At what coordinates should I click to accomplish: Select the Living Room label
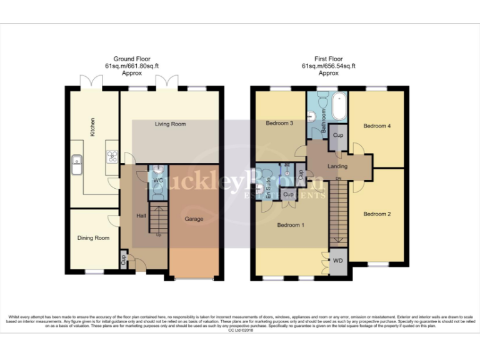click(x=170, y=124)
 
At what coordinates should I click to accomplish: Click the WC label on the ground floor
click(x=157, y=181)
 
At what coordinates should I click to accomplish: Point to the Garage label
click(x=194, y=219)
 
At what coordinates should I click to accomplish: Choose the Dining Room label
click(x=93, y=238)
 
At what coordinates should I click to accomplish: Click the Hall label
click(x=142, y=216)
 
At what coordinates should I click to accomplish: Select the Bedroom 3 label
click(x=279, y=123)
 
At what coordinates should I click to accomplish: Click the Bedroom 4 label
click(x=377, y=126)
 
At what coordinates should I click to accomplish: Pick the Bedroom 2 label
click(x=377, y=214)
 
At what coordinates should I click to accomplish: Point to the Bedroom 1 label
click(x=291, y=225)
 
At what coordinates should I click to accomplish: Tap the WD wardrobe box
click(x=337, y=260)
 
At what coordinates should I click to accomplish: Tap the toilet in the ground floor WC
click(x=157, y=194)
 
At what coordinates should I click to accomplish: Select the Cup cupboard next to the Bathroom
click(x=338, y=136)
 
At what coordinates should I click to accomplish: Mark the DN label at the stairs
click(x=339, y=180)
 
